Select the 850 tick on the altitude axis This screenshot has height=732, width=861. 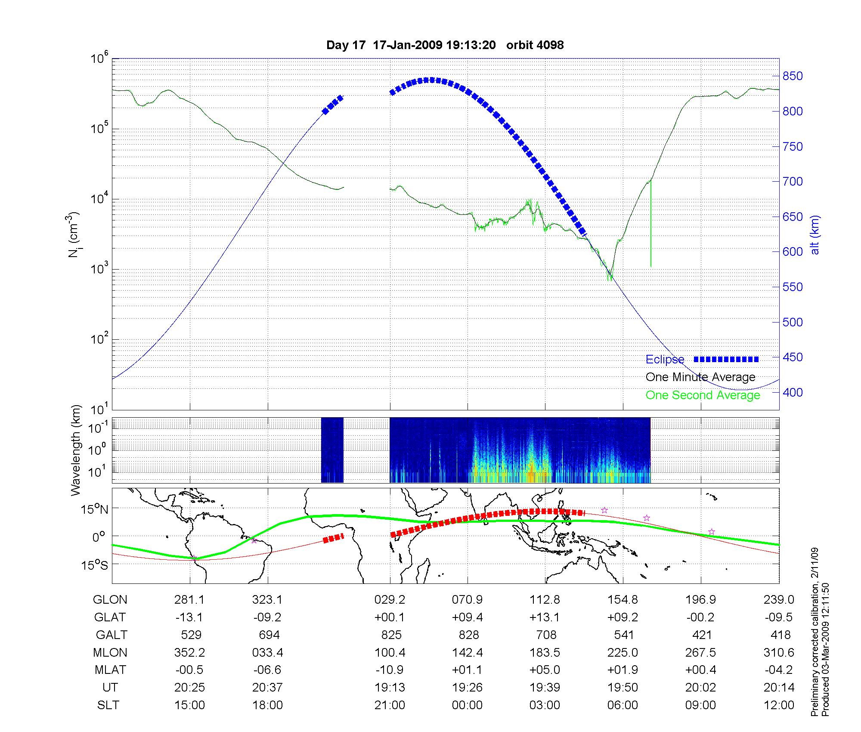tap(792, 76)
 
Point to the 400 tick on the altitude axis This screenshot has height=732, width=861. tap(792, 392)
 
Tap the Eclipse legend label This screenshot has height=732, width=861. tap(665, 360)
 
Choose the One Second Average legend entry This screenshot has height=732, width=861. tap(703, 395)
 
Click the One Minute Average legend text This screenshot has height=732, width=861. tap(700, 377)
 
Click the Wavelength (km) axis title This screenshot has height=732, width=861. tap(76, 450)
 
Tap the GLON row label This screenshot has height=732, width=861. tap(110, 600)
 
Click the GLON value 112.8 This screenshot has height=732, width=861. tap(545, 600)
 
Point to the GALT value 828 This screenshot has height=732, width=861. tap(468, 635)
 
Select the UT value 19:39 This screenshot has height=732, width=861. tap(545, 688)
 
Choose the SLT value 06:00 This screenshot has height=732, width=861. tap(623, 705)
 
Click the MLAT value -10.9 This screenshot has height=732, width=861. tap(390, 670)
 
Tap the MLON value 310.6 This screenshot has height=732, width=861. tap(779, 652)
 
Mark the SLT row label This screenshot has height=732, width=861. tap(108, 705)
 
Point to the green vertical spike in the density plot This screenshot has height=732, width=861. tap(650, 224)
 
